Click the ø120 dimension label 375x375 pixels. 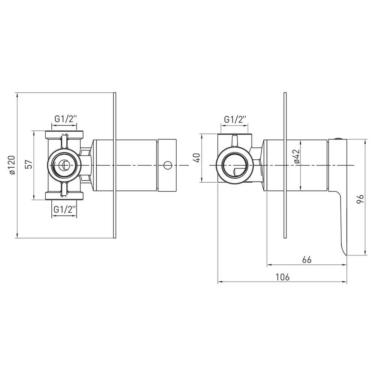coord(12,165)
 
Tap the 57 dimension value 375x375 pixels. coord(29,165)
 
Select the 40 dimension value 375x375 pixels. coord(197,158)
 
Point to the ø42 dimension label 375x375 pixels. coord(297,156)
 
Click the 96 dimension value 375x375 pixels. coord(360,199)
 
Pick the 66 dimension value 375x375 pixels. coord(307,260)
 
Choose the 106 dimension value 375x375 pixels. coord(282,277)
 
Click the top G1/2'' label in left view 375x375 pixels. coord(66,119)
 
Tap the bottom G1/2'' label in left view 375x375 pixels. coord(65,210)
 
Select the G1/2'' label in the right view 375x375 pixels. coord(235,119)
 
